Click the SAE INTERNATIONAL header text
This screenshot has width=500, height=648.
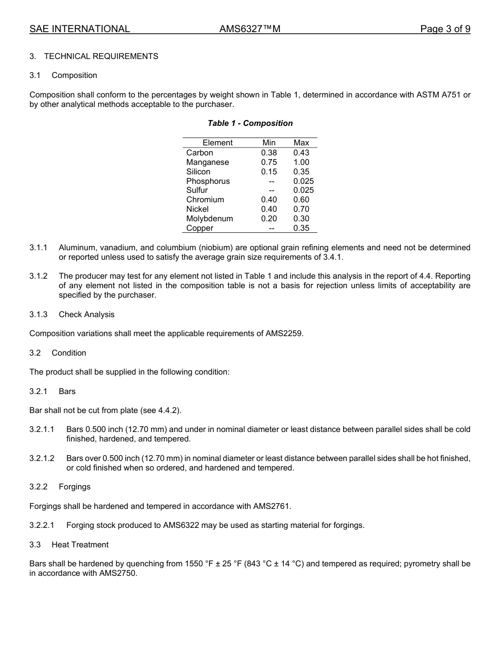[x=79, y=29]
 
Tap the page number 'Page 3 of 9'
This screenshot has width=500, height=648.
[x=445, y=29]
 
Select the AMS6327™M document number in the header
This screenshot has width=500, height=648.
[x=249, y=29]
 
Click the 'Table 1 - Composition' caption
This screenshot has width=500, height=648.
[x=250, y=123]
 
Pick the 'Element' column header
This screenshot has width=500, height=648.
[x=217, y=143]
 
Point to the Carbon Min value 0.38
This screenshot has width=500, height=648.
[x=269, y=153]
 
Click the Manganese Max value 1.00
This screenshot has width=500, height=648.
[x=301, y=162]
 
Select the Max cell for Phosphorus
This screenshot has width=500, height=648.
[x=303, y=181]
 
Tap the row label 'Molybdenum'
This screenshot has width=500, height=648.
[x=209, y=219]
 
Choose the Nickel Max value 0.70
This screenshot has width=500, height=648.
[x=301, y=209]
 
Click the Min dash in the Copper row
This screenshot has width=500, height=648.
[x=272, y=228]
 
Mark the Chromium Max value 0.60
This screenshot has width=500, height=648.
[x=301, y=200]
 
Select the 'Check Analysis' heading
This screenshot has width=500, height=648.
[x=86, y=315]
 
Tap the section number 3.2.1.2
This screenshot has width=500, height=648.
[x=42, y=458]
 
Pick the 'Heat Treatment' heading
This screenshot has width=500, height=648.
[x=80, y=545]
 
